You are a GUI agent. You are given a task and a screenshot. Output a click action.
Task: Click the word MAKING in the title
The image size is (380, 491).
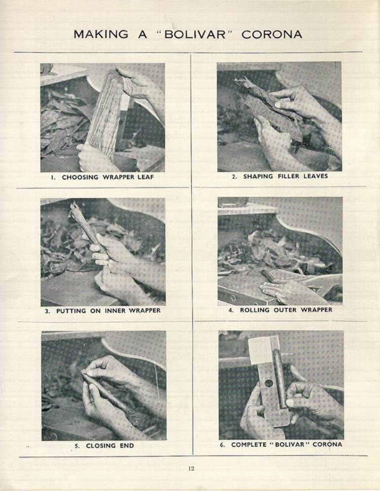tap(101, 34)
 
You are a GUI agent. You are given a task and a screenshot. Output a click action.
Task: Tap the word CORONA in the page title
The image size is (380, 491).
tap(272, 34)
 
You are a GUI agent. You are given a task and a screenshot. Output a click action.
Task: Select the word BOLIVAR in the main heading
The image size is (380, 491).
tap(195, 34)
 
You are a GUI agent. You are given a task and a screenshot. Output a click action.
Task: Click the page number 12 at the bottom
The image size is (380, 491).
tap(191, 468)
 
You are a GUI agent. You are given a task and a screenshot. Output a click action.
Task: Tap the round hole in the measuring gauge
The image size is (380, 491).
tap(268, 383)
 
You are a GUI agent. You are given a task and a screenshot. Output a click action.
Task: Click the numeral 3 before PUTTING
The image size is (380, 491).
tap(47, 311)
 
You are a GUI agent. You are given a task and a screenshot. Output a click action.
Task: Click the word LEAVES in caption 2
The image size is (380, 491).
tap(315, 176)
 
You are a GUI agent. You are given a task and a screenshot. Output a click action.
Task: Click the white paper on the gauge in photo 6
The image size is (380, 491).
tap(260, 350)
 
